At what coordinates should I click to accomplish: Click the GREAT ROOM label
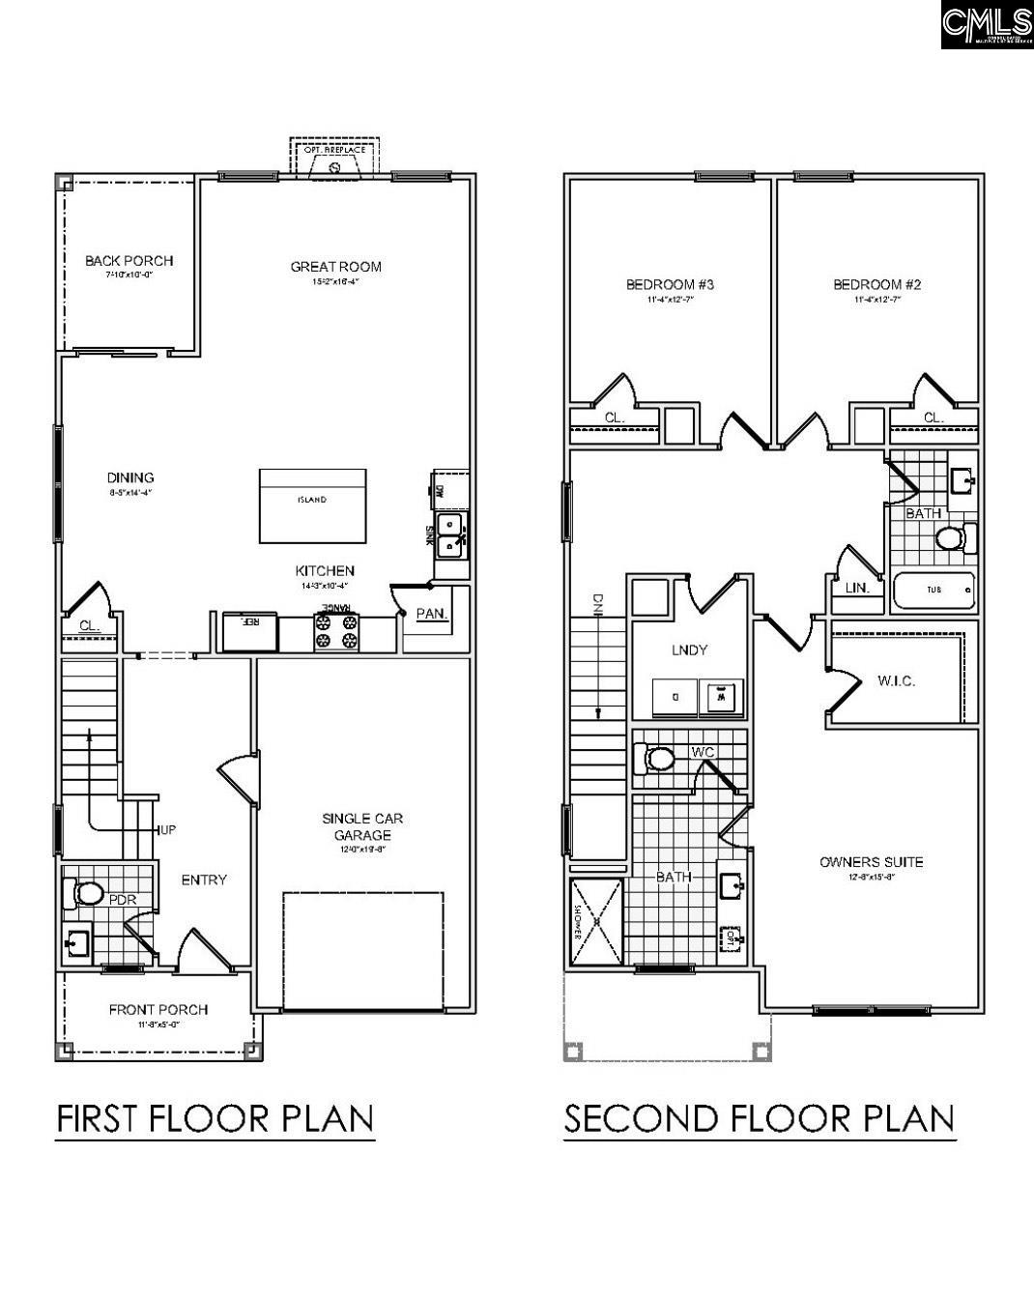[335, 267]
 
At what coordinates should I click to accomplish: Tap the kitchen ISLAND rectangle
[312, 506]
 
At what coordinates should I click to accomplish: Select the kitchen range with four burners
[335, 631]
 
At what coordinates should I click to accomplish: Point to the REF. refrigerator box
[250, 632]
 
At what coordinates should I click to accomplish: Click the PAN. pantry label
[430, 614]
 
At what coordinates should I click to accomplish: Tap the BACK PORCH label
[129, 260]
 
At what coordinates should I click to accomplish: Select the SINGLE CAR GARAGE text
[362, 826]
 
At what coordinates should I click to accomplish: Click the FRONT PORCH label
[158, 1010]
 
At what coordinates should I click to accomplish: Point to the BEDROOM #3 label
[670, 284]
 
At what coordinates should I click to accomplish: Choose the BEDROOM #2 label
[876, 284]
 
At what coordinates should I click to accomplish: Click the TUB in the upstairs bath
[933, 590]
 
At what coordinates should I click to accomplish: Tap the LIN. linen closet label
[856, 588]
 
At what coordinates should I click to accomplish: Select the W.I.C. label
[896, 680]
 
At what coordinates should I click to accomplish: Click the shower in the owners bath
[597, 923]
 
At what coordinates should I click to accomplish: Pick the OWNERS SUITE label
[871, 862]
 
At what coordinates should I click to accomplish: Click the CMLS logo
[986, 24]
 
